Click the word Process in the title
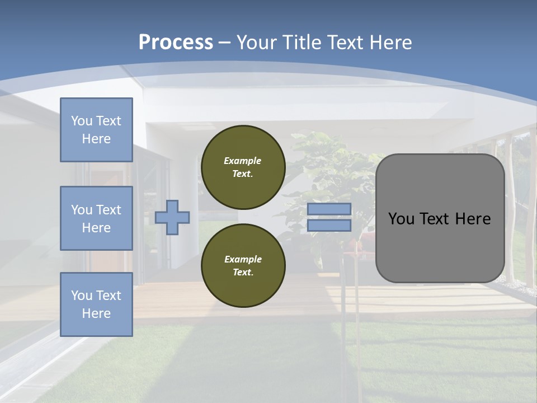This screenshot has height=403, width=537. (x=176, y=42)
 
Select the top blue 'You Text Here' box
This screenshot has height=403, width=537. (x=96, y=130)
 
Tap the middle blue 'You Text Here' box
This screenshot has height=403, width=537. (x=96, y=218)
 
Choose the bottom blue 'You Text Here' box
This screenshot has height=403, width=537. (x=96, y=304)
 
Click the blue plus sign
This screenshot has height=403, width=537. (x=172, y=217)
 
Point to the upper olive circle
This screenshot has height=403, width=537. (x=243, y=167)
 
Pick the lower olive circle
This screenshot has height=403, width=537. (x=243, y=266)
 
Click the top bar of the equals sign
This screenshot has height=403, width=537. (x=329, y=209)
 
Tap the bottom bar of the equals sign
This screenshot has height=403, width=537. (x=329, y=226)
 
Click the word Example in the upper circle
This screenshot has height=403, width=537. (x=243, y=161)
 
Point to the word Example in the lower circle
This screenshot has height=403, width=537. (x=243, y=259)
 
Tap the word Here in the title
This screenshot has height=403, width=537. (x=389, y=42)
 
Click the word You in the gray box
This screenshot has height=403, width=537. (x=401, y=219)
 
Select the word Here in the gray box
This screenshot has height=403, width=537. (x=473, y=219)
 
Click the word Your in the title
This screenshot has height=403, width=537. (x=257, y=42)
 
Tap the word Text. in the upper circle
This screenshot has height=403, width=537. (x=243, y=174)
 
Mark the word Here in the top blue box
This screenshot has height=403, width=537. (x=96, y=139)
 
